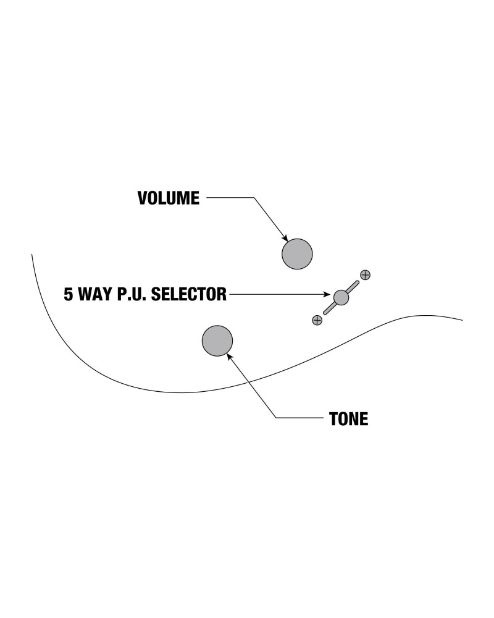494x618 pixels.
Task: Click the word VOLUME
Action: coord(168,198)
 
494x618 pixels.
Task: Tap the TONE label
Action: coord(349,419)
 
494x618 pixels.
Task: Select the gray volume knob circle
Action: coord(297,253)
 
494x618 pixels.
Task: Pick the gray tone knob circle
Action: coord(217,341)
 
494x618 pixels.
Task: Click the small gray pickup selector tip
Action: coord(341,297)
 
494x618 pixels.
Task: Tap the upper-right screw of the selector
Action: coord(365,274)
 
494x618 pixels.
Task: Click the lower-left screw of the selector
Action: coord(317,320)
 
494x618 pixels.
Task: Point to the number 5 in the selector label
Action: coord(69,294)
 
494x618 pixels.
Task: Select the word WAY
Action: coord(95,294)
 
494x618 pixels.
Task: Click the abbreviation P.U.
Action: coord(133,294)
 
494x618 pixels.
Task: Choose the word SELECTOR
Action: coord(189,294)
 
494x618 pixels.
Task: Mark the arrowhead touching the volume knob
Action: coord(285,238)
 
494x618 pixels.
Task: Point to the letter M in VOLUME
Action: coord(182,198)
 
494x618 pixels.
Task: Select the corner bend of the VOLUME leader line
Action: coord(254,198)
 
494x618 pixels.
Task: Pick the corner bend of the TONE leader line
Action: coord(276,418)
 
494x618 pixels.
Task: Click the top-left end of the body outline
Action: coord(32,254)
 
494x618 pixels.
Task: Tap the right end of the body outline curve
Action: coord(462,320)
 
